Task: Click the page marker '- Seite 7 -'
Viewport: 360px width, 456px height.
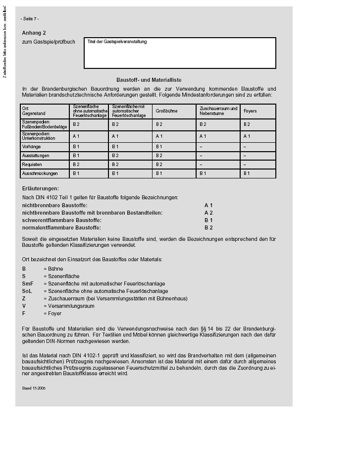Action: click(x=30, y=19)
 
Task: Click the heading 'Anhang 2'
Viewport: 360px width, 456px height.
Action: click(x=34, y=33)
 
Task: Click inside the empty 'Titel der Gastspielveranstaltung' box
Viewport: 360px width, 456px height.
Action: click(x=180, y=56)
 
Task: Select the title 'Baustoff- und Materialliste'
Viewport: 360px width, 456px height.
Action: click(x=149, y=80)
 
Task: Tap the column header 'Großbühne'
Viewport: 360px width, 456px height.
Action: click(x=166, y=111)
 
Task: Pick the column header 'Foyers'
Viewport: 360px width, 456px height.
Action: click(x=250, y=111)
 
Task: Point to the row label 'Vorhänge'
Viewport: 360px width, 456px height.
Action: click(x=31, y=147)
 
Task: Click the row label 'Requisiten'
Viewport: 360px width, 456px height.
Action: click(x=32, y=165)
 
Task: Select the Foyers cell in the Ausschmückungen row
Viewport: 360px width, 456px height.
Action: click(x=247, y=173)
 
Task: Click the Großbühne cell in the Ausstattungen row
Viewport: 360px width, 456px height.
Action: click(x=159, y=156)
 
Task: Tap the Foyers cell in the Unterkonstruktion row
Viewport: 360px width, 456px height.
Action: click(x=247, y=136)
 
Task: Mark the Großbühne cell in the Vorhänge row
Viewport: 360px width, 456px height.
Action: click(x=159, y=147)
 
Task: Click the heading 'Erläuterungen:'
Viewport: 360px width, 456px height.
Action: click(x=40, y=188)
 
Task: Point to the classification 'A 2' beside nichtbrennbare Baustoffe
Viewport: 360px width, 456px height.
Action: click(x=208, y=213)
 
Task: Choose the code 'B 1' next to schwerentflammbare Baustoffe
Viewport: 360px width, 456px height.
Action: click(x=208, y=220)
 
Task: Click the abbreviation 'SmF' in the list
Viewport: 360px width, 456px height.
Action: click(x=28, y=284)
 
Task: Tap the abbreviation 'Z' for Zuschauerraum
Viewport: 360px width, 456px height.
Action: click(x=24, y=298)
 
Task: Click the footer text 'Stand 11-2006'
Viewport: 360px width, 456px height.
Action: click(x=34, y=389)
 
